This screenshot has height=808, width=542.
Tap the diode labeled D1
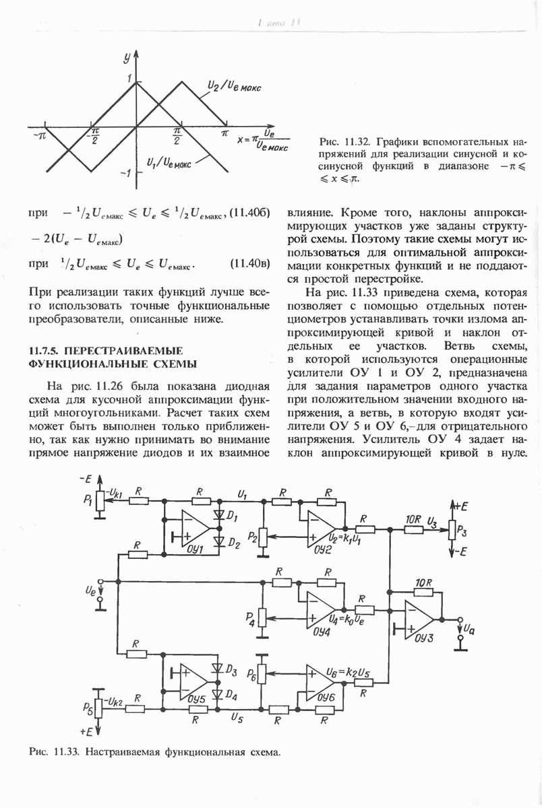point(218,516)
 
